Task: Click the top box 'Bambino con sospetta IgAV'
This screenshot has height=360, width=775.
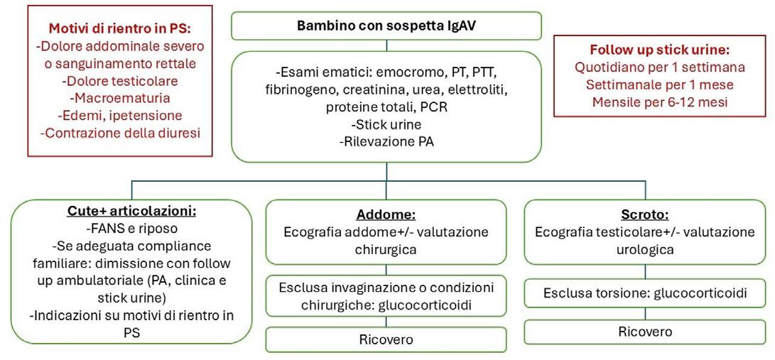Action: tap(386, 26)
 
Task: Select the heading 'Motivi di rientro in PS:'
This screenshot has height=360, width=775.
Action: tap(121, 29)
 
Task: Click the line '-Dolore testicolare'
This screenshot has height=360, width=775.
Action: tap(121, 80)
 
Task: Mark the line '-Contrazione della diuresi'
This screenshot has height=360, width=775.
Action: tap(121, 133)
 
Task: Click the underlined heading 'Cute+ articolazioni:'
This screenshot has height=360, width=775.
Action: tap(131, 212)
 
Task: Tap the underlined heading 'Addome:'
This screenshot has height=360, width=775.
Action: tap(386, 215)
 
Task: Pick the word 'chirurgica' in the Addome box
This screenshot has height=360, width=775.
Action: tap(386, 249)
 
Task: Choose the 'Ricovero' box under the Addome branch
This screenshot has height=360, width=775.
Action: tap(386, 339)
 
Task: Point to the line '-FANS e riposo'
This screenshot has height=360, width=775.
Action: tap(131, 229)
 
